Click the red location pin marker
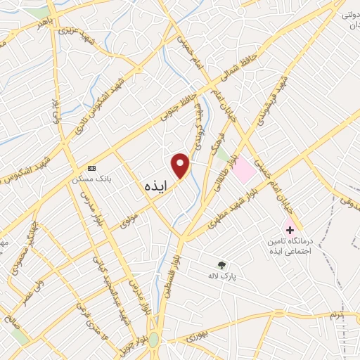click(x=181, y=165)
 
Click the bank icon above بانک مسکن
click(x=91, y=168)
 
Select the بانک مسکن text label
click(x=91, y=179)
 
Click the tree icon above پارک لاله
click(x=222, y=265)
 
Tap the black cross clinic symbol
click(x=289, y=230)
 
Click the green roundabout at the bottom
click(x=153, y=340)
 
